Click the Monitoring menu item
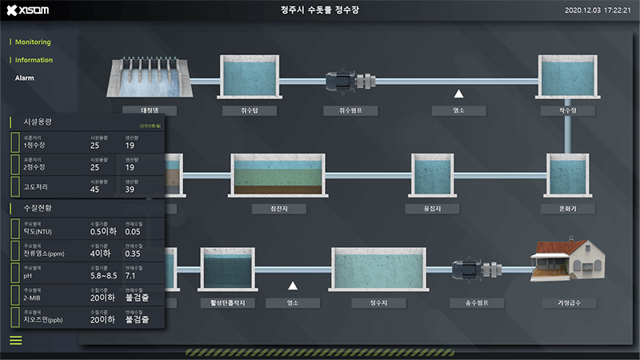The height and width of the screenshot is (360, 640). pyautogui.click(x=33, y=42)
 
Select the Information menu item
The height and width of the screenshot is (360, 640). pyautogui.click(x=34, y=60)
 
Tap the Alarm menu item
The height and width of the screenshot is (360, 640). pyautogui.click(x=25, y=78)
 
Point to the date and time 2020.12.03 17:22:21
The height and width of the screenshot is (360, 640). pyautogui.click(x=598, y=10)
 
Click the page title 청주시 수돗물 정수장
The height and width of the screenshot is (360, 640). pyautogui.click(x=320, y=10)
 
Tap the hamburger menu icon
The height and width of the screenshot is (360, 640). pyautogui.click(x=16, y=340)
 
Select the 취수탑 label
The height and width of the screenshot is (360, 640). pyautogui.click(x=250, y=110)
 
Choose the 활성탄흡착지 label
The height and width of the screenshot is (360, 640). pyautogui.click(x=228, y=304)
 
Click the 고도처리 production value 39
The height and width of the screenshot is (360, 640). pyautogui.click(x=130, y=189)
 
